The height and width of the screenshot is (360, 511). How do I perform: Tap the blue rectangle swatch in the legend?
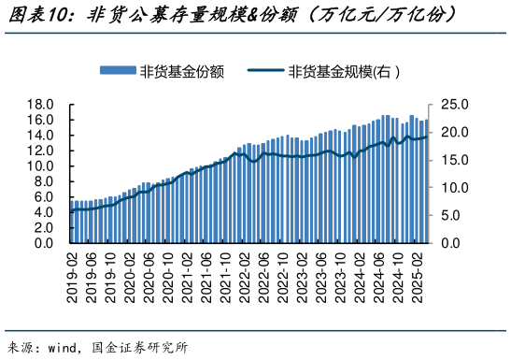tap(118, 72)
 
